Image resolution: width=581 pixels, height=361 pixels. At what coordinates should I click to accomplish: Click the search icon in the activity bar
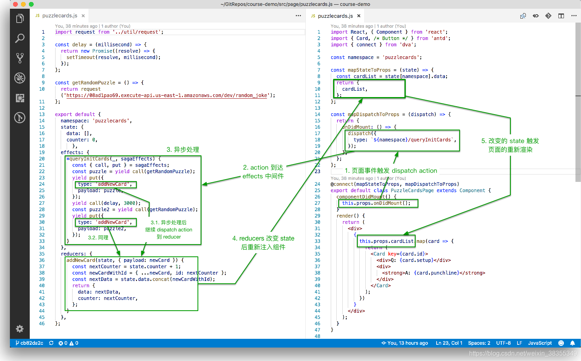coord(20,38)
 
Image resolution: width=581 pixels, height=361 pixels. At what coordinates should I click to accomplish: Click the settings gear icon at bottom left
coord(20,329)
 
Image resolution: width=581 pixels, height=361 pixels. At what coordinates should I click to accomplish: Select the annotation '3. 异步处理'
coord(183,149)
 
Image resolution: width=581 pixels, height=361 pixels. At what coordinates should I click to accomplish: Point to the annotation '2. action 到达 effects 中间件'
coord(263,172)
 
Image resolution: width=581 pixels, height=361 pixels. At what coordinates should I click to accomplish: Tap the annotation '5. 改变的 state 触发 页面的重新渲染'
coord(510,145)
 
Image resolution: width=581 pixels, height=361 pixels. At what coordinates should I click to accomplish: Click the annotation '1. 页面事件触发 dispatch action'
coord(391,170)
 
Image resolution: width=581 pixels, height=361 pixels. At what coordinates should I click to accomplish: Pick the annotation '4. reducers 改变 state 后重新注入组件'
coord(263,243)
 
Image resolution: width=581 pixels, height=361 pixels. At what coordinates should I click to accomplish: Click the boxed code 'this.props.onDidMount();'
coord(376,203)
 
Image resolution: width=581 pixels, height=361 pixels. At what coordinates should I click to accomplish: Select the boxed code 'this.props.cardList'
coord(386,241)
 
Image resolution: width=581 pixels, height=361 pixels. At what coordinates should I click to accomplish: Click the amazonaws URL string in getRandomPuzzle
coord(167,95)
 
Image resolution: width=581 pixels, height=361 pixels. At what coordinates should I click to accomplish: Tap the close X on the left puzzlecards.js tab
coord(83,16)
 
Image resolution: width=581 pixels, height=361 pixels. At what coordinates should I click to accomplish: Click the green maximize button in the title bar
coord(31,4)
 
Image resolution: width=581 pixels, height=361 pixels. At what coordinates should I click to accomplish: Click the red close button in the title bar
coord(15,4)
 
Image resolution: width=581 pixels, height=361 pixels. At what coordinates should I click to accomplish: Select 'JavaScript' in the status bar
coord(540,343)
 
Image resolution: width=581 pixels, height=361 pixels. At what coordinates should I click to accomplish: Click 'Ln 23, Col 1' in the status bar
coord(449,343)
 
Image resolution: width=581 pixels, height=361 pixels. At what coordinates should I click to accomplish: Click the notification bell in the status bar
coord(572,343)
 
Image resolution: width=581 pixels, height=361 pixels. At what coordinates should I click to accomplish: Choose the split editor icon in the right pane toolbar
coord(561,16)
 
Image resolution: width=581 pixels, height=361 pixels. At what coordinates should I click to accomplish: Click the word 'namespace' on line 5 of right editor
coord(360,57)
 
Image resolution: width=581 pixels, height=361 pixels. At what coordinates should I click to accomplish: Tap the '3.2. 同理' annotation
coord(98,237)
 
